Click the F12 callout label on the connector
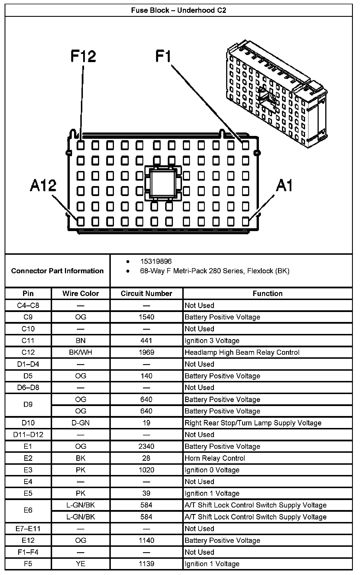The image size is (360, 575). [83, 56]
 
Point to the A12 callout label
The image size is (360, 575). [43, 185]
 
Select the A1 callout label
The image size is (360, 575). [284, 186]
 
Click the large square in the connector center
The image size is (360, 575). [163, 182]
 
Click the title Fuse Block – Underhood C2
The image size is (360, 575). [179, 11]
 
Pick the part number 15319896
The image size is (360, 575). [156, 261]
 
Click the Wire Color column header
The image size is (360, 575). [81, 293]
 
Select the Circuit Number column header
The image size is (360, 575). [146, 293]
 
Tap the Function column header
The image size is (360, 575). [267, 293]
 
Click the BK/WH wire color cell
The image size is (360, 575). [81, 352]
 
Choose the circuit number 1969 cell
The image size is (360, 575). [146, 352]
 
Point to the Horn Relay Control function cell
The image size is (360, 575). [215, 458]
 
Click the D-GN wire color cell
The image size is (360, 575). [81, 423]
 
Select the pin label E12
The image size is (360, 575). [28, 541]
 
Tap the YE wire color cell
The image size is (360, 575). [81, 564]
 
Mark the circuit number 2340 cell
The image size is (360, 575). [146, 446]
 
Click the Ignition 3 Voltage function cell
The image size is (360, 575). [212, 341]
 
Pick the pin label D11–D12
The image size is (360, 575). [28, 435]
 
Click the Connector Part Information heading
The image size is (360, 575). [57, 271]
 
